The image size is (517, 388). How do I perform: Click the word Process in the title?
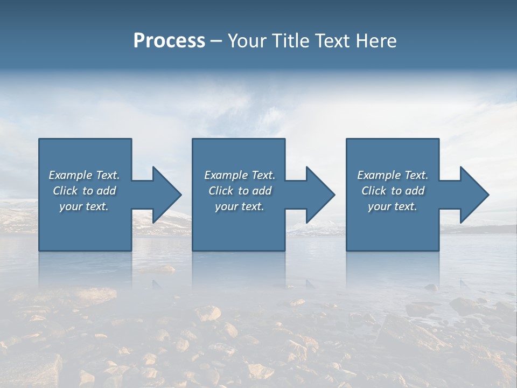pyautogui.click(x=169, y=41)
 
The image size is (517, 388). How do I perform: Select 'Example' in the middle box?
pyautogui.click(x=226, y=175)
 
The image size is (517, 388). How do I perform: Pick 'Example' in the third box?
pyautogui.click(x=379, y=175)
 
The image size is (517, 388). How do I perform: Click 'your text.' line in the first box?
pyautogui.click(x=84, y=206)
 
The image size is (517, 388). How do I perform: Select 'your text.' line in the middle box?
pyautogui.click(x=240, y=206)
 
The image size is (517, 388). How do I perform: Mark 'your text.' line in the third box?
pyautogui.click(x=393, y=206)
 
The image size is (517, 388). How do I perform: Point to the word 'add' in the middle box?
pyautogui.click(x=262, y=191)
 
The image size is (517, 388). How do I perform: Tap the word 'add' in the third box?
pyautogui.click(x=415, y=191)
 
